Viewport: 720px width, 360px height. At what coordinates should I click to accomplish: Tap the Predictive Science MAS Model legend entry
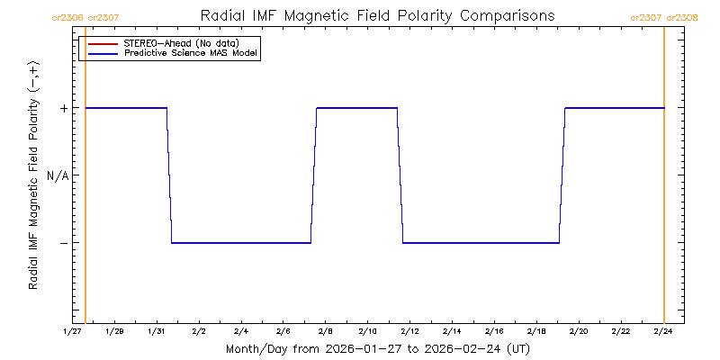pyautogui.click(x=191, y=54)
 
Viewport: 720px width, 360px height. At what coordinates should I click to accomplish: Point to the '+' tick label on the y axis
pyautogui.click(x=63, y=108)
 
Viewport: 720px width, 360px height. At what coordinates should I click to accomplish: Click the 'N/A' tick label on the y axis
pyautogui.click(x=58, y=175)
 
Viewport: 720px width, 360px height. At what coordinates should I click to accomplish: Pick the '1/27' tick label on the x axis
pyautogui.click(x=73, y=331)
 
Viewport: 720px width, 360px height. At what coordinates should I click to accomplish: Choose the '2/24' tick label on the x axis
pyautogui.click(x=663, y=331)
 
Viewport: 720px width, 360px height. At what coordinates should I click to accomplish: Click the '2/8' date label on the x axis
pyautogui.click(x=326, y=331)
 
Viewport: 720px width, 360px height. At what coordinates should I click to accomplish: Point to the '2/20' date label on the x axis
pyautogui.click(x=579, y=331)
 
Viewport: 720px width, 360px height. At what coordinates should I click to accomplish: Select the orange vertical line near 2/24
pyautogui.click(x=664, y=180)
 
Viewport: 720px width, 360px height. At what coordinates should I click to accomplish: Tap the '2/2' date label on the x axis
pyautogui.click(x=199, y=331)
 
